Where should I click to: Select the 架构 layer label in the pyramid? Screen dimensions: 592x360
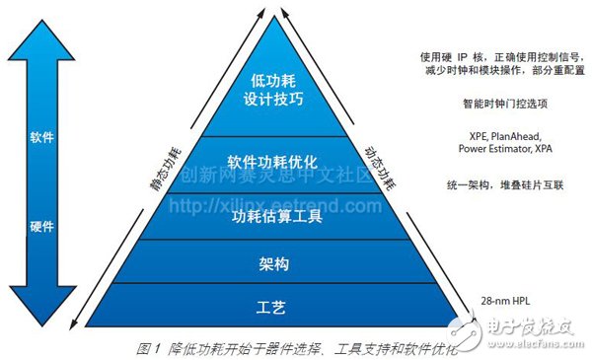[269, 264]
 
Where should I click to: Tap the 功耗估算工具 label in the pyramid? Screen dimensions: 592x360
[269, 218]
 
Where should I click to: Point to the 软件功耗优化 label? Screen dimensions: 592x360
[269, 161]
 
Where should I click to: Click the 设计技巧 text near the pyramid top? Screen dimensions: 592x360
[269, 100]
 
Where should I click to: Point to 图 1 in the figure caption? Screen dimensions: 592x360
[149, 346]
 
